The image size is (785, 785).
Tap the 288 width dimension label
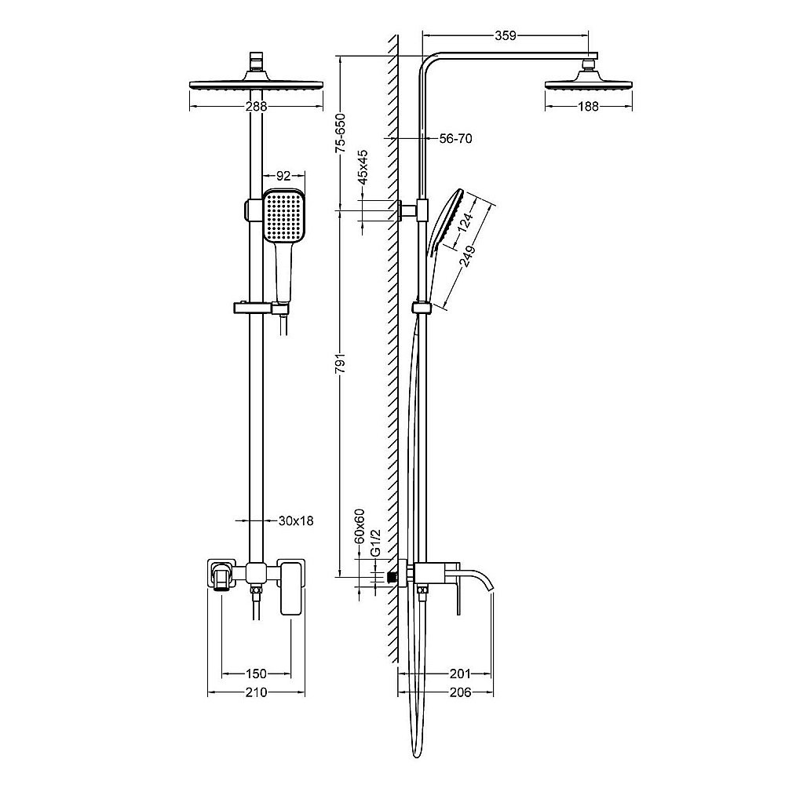[x=256, y=106]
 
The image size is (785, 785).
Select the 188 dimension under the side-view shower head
[x=589, y=106]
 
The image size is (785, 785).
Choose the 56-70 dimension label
[x=455, y=138]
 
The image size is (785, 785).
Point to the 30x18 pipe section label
[x=296, y=520]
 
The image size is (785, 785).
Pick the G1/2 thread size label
[x=375, y=545]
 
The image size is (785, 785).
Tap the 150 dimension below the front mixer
[x=256, y=674]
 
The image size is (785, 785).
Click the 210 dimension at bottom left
[x=256, y=692]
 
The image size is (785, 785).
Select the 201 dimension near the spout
[x=460, y=674]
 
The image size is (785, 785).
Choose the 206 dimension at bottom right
[x=460, y=692]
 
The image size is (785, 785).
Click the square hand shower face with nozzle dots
[x=283, y=216]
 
